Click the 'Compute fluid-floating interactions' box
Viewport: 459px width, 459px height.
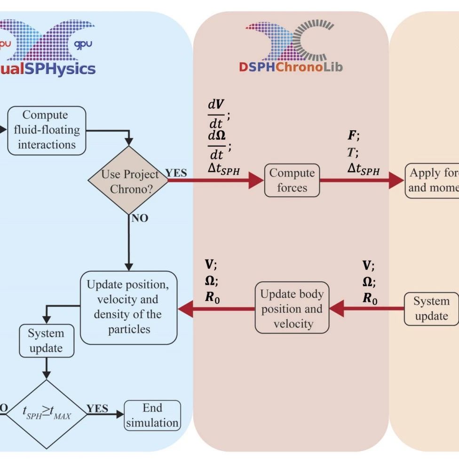point(47,130)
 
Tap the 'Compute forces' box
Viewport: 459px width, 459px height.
point(292,180)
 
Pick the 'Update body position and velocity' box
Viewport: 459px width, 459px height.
point(292,309)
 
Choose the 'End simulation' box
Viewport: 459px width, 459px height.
point(152,415)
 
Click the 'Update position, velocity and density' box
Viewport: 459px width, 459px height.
point(128,307)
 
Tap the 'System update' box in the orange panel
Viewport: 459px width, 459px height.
point(431,309)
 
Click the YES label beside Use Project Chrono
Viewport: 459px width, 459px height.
point(176,173)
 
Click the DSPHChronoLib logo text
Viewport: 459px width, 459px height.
point(291,67)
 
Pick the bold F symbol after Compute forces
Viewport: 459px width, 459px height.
point(352,136)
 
